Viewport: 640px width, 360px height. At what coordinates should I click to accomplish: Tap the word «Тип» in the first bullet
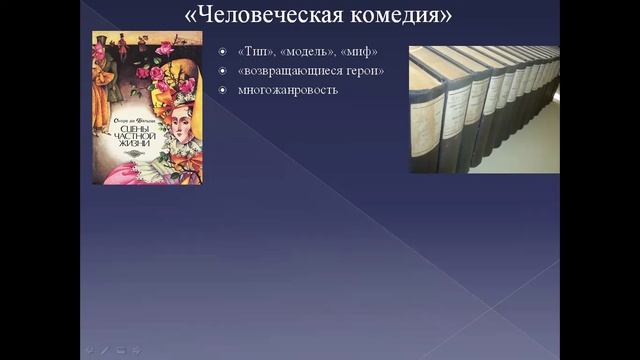pos(255,51)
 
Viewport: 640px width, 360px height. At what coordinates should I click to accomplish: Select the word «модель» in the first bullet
pos(307,51)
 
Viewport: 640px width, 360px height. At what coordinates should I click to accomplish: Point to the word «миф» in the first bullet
pos(359,51)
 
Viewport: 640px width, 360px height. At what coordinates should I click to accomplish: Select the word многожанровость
pos(288,90)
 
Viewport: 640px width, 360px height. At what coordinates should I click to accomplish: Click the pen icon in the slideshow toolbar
pos(104,350)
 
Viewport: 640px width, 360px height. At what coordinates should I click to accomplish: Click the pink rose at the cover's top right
pos(166,47)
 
